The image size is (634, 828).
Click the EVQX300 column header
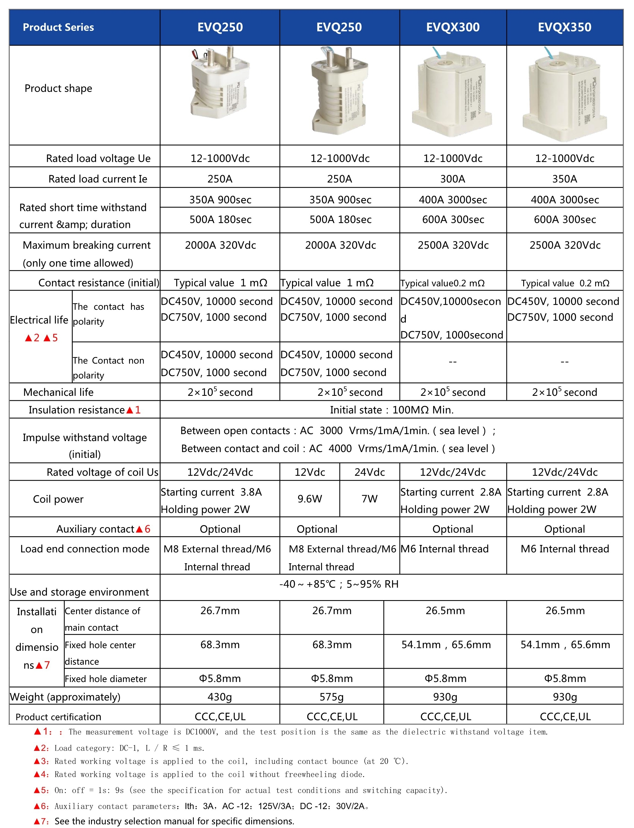(x=452, y=27)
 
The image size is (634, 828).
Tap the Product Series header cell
(x=59, y=27)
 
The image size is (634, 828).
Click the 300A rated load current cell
(x=452, y=178)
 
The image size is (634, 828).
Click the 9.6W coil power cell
(x=310, y=499)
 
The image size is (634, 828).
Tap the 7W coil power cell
(x=369, y=499)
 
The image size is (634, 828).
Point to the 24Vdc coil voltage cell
(x=369, y=472)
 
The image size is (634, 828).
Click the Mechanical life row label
(x=59, y=392)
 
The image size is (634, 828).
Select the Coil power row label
(x=59, y=499)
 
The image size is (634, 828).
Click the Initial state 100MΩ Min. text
(x=391, y=410)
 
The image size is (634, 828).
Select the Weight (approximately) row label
(x=65, y=697)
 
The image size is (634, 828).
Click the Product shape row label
(x=59, y=88)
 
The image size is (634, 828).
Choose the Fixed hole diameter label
(x=106, y=679)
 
